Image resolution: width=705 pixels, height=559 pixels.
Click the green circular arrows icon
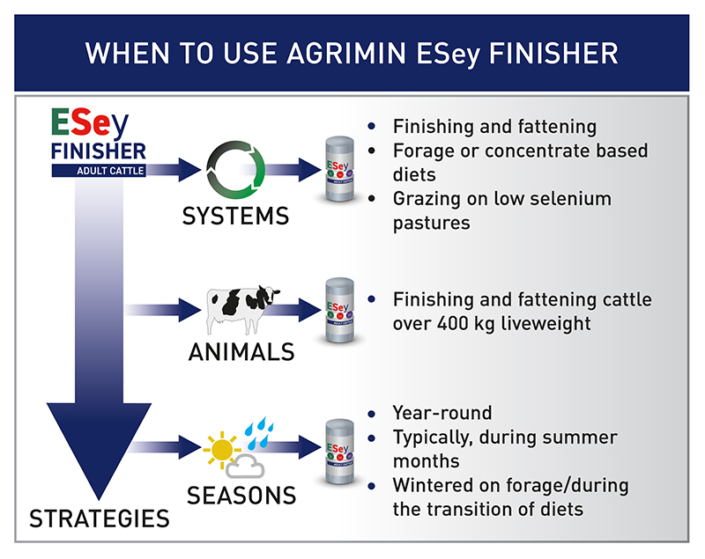point(235,170)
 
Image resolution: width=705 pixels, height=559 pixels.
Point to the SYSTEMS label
point(235,216)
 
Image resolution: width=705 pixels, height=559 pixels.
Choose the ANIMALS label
point(241,352)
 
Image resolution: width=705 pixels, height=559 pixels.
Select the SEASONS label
point(241,495)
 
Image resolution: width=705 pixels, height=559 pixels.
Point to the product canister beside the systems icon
point(336,169)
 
